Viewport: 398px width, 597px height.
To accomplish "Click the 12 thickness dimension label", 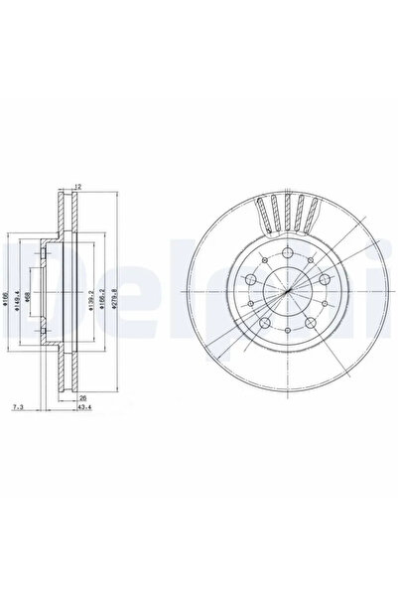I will [76, 186].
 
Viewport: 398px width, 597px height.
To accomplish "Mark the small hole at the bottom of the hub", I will [286, 335].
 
